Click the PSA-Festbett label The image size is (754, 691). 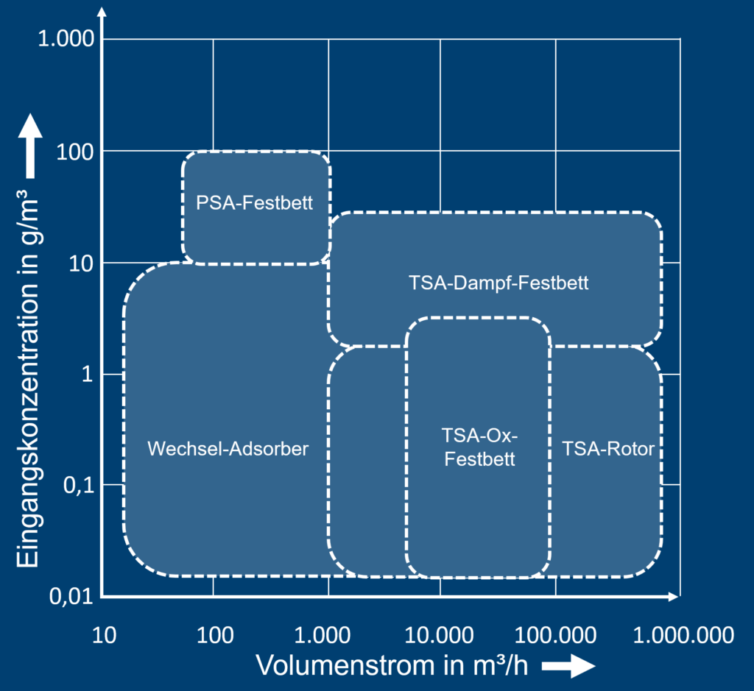(255, 202)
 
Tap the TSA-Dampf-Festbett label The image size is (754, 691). (498, 283)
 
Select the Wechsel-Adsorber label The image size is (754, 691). (228, 448)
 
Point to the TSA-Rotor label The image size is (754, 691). (608, 448)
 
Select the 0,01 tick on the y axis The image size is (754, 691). (72, 597)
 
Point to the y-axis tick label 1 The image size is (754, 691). (88, 375)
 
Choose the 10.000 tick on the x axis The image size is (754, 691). (440, 634)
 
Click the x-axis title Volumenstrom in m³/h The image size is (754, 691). (392, 665)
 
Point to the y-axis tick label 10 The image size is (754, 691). (82, 264)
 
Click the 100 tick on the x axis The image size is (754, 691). (215, 634)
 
